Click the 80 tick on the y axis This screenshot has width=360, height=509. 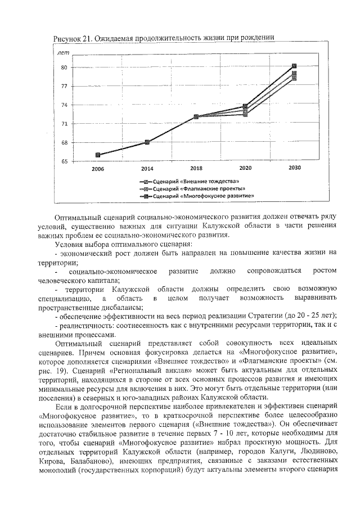64,67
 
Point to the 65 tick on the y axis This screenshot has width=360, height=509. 64,161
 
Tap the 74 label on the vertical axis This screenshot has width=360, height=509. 64,105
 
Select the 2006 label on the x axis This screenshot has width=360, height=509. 98,168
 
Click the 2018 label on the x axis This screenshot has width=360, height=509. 196,168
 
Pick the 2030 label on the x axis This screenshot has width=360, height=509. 294,168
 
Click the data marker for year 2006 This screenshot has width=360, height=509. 98,155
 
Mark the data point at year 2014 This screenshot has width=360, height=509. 147,142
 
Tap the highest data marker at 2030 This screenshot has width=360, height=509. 294,66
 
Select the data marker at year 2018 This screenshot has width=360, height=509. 196,116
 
